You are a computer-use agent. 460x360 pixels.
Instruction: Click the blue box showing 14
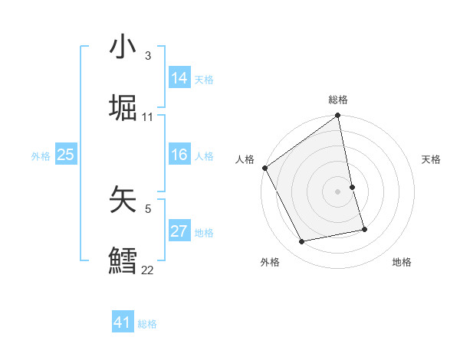(x=179, y=78)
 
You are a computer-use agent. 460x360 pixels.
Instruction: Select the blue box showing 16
(x=179, y=155)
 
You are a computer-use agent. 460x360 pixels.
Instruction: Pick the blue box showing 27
(x=179, y=231)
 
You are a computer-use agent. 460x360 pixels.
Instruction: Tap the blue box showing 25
(x=66, y=155)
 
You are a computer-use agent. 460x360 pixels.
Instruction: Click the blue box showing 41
(x=123, y=322)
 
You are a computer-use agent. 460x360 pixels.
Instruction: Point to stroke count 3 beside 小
(x=148, y=56)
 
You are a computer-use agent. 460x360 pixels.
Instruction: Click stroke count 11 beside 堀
(x=148, y=117)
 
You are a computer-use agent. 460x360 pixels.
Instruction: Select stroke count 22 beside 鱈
(x=148, y=270)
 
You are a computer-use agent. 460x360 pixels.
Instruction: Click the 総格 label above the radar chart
(x=338, y=100)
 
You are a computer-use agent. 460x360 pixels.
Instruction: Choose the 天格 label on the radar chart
(x=431, y=159)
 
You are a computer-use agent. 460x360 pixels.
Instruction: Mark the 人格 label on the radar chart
(x=245, y=159)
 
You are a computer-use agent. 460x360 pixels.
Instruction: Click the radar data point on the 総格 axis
(x=338, y=116)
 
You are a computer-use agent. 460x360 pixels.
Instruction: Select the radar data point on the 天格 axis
(x=353, y=187)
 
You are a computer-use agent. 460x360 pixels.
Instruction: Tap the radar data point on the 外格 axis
(x=302, y=242)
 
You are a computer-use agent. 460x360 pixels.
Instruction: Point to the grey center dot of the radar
(x=338, y=191)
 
